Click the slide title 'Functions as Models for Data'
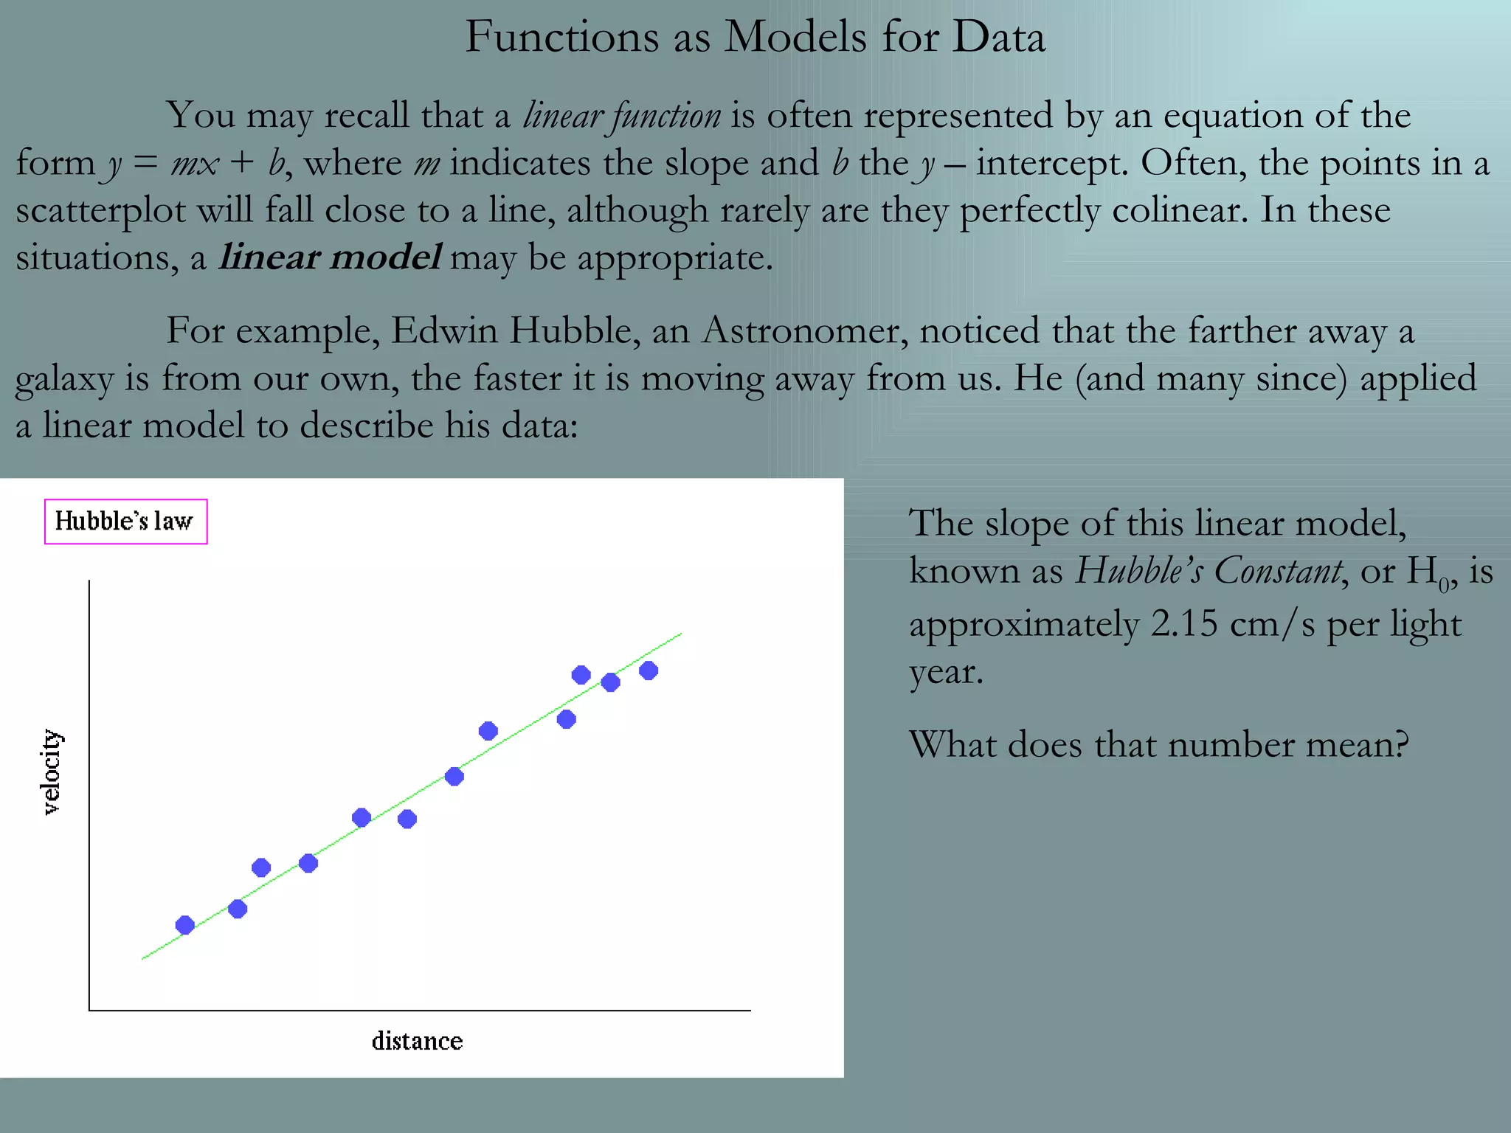coord(755,37)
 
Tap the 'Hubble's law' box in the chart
coord(125,522)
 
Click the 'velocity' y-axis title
coord(50,772)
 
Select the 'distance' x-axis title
coord(417,1041)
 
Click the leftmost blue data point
coord(185,925)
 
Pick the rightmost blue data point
coord(649,671)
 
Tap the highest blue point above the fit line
coord(581,674)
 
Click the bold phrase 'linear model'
coord(330,257)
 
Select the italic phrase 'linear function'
coord(621,116)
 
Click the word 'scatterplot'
coord(100,210)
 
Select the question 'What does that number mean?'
coord(1158,744)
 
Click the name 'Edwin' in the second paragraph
coord(444,330)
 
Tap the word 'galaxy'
coord(64,379)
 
